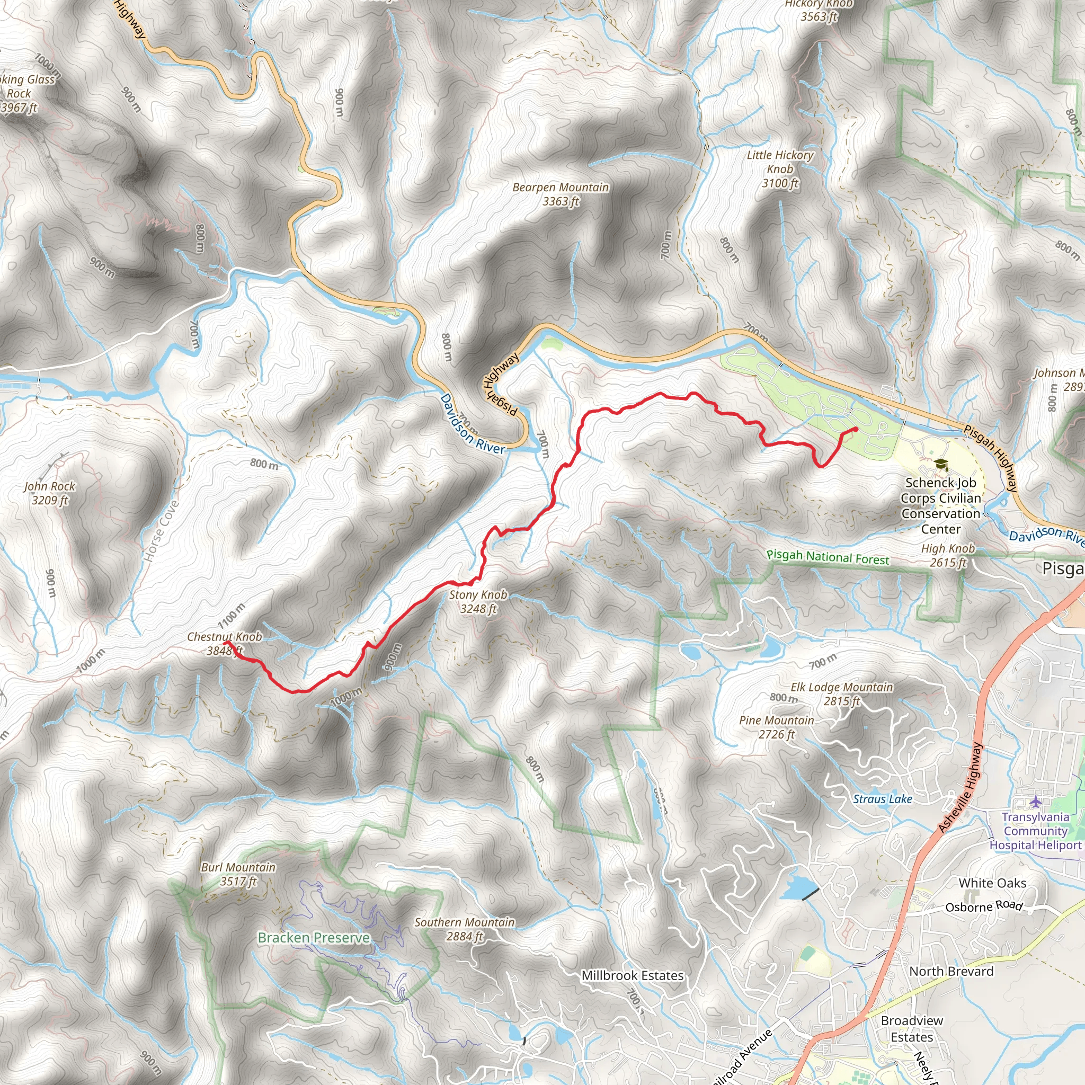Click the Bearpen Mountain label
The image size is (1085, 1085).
coord(560,194)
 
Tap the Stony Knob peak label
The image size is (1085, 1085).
coord(478,601)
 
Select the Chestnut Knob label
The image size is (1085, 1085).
coord(224,644)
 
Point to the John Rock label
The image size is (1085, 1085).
coord(49,493)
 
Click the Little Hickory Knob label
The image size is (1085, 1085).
coord(779,169)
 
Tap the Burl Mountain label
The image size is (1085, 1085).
coord(238,874)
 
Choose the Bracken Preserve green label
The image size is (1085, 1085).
coord(314,938)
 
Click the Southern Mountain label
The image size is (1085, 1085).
coord(465,929)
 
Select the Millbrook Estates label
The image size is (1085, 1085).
coord(633,976)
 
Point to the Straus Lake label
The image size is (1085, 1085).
coord(882,799)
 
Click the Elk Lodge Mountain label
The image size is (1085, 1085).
coord(841,694)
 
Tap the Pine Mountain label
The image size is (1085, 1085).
coord(776,727)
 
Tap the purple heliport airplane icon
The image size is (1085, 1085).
coord(1036,801)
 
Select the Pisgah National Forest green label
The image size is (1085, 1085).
coord(828,558)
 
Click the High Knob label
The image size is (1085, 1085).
coord(948,555)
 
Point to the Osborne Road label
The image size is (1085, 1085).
coord(983,906)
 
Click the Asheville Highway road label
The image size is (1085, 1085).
coord(961,788)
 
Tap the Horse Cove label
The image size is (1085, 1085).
coord(161,531)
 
